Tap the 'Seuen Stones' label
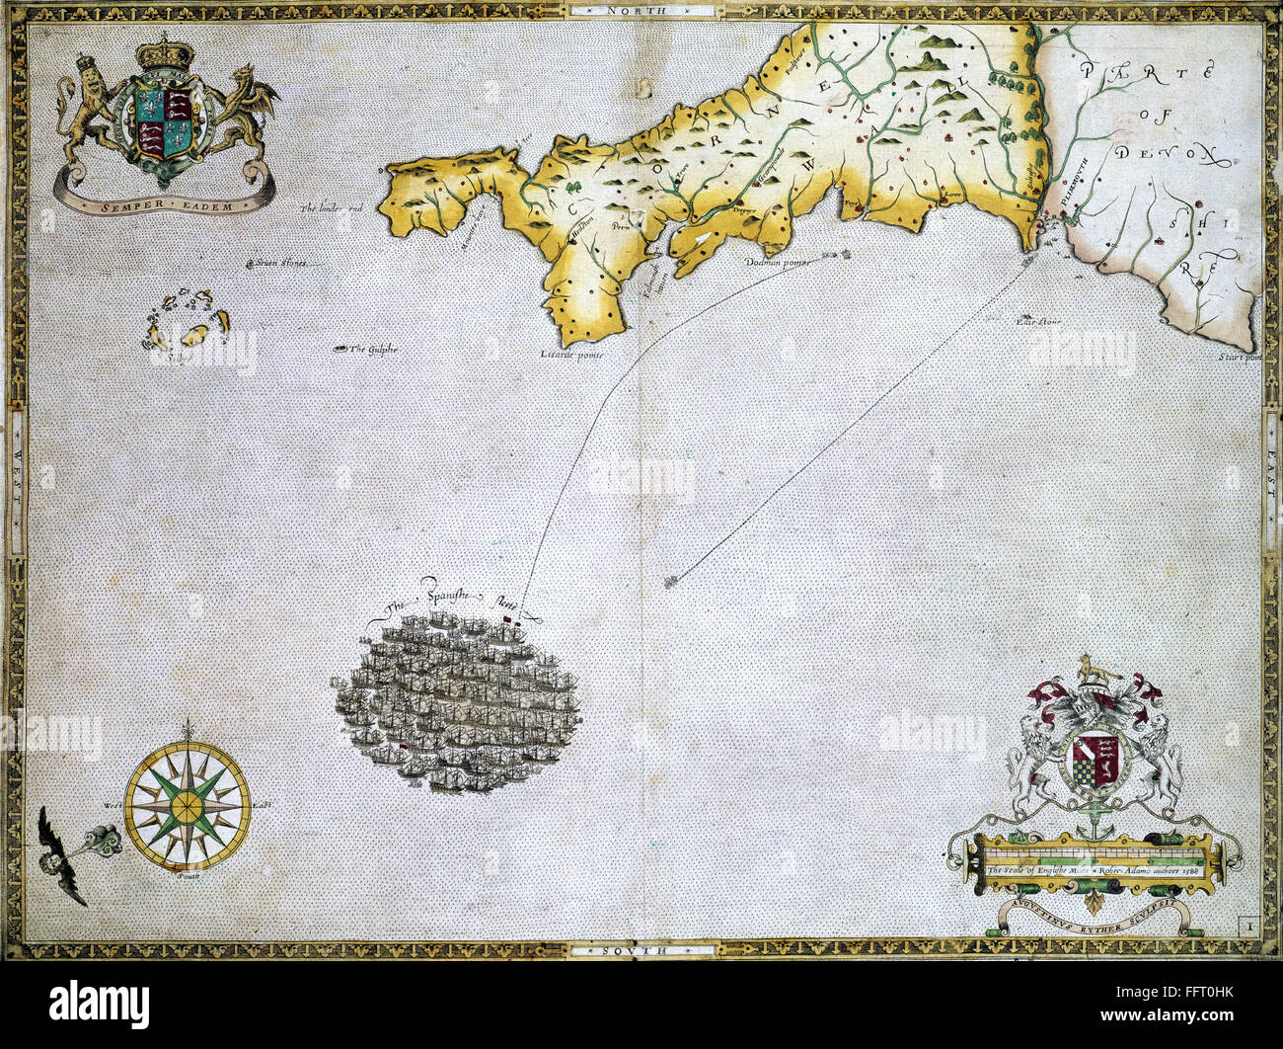280,264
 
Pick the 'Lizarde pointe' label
570,354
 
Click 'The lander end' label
333,208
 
